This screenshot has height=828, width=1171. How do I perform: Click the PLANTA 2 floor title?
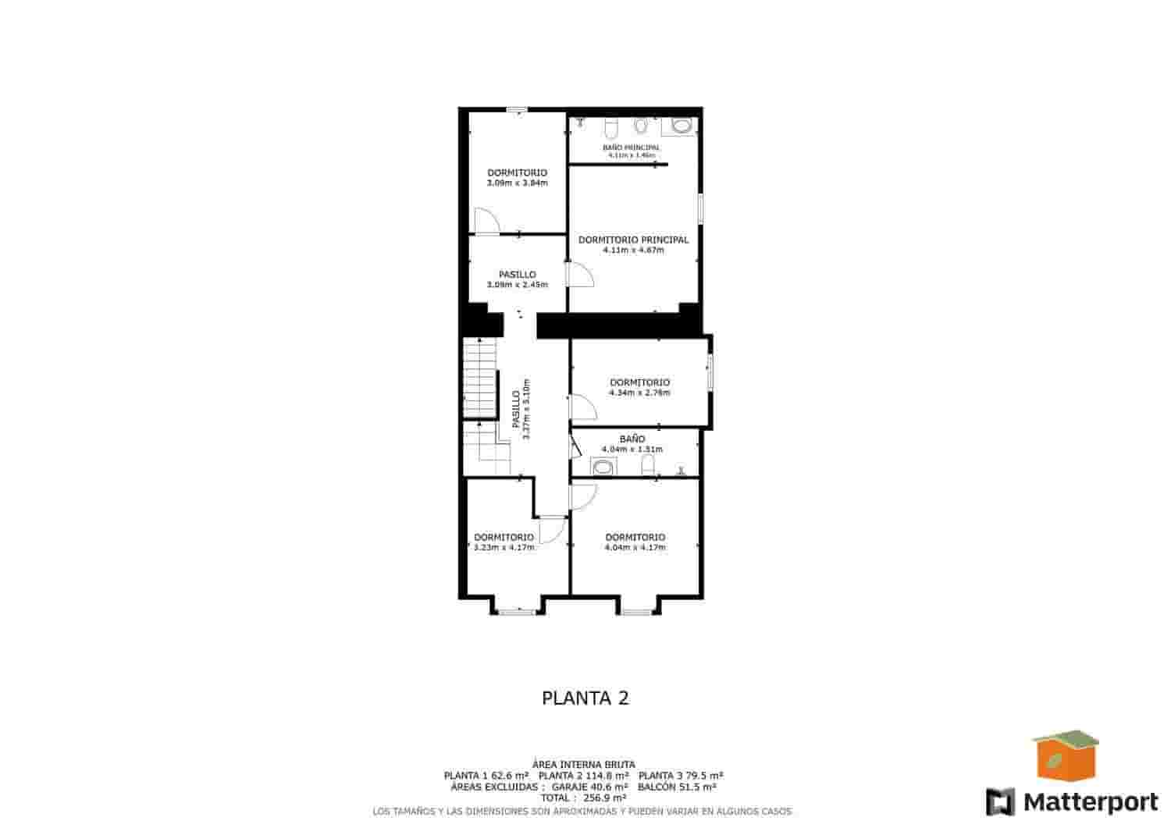pos(585,698)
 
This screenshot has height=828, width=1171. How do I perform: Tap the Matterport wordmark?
pos(1090,801)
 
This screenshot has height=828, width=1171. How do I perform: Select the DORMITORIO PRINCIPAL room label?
pos(633,240)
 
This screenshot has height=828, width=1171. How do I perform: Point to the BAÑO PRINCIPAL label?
pos(631,147)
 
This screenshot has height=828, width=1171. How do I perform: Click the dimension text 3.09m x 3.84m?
pos(517,183)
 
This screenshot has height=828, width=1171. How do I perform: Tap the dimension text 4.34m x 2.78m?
pos(639,393)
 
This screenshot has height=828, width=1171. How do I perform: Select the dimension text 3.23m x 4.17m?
pos(504,547)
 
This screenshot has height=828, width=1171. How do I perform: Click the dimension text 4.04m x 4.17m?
pos(635,547)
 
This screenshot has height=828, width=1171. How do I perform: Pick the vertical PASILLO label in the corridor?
pos(516,410)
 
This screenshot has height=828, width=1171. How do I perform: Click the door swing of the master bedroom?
pos(581,274)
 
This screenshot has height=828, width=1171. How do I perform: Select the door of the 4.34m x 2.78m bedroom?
pos(581,406)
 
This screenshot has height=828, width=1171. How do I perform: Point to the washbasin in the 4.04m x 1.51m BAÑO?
pos(604,467)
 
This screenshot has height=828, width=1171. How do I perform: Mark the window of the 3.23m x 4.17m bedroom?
pos(517,612)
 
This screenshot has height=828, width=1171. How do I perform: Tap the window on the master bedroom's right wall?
pos(700,209)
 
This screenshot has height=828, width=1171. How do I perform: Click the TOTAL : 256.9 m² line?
pos(585,798)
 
